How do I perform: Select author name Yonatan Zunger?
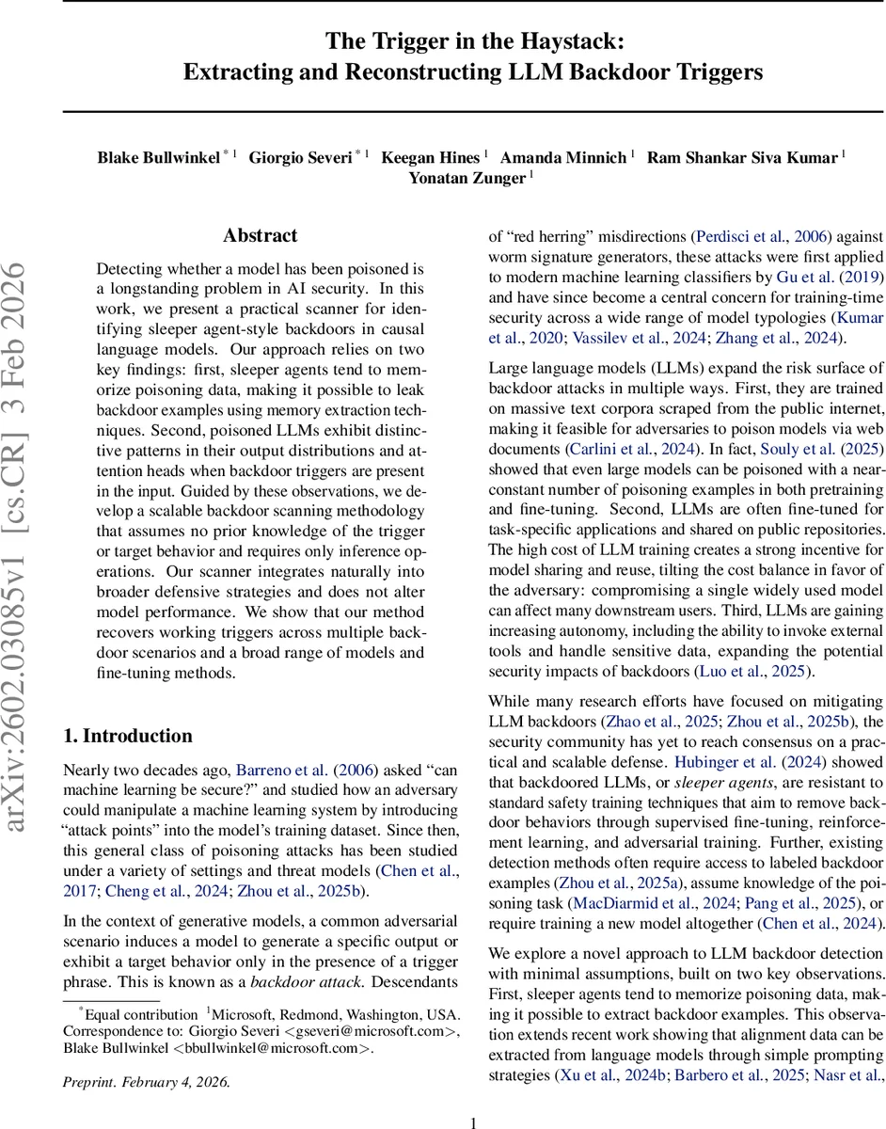[x=467, y=178]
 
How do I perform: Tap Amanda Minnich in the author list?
[x=563, y=157]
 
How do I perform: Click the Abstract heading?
[x=260, y=235]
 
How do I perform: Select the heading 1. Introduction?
[x=127, y=736]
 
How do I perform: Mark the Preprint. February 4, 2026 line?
[x=146, y=1081]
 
